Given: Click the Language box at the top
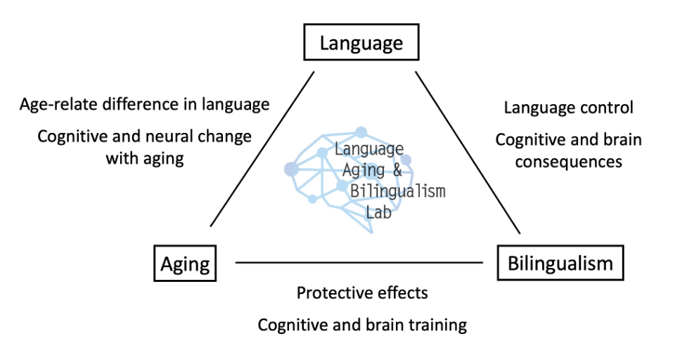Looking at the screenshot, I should (x=361, y=44).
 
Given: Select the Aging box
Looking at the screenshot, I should (x=185, y=264).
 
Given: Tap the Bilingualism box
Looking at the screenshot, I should (x=560, y=264).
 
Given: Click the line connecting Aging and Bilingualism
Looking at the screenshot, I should (x=359, y=263).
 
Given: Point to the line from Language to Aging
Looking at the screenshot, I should (x=262, y=148).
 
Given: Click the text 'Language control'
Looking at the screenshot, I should (x=568, y=108).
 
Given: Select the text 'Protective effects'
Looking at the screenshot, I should (x=361, y=292).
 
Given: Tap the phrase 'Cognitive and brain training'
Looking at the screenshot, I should (x=361, y=325).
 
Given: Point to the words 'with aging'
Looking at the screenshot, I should (x=145, y=158).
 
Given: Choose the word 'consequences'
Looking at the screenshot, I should (x=568, y=161).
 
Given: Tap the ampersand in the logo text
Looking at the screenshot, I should (x=398, y=170).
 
